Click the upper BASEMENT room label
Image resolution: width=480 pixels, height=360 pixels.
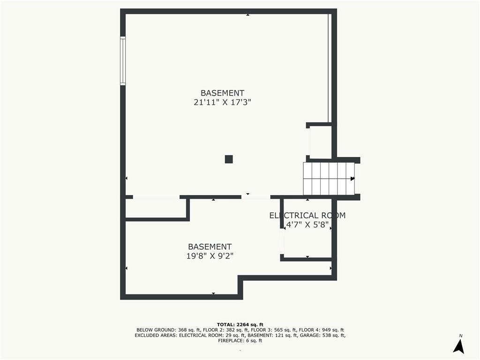222,93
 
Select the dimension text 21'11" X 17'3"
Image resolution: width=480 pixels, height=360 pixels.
222,102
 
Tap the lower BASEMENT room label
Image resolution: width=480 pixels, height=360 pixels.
210,247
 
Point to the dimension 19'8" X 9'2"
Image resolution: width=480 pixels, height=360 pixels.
210,256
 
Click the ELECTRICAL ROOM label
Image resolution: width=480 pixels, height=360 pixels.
307,216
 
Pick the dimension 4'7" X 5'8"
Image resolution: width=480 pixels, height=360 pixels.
307,224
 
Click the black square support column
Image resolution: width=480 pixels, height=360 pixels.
229,159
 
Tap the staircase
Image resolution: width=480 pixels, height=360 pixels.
329,179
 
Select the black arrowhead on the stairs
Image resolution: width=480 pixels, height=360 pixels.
352,179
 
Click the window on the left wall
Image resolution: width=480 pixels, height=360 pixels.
123,61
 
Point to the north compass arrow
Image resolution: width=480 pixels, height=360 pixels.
459,346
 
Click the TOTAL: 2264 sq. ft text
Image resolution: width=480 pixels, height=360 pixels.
240,324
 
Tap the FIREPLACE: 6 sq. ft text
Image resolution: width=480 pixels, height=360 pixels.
240,341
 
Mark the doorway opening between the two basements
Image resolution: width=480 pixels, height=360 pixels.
255,197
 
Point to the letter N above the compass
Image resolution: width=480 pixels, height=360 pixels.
461,336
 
